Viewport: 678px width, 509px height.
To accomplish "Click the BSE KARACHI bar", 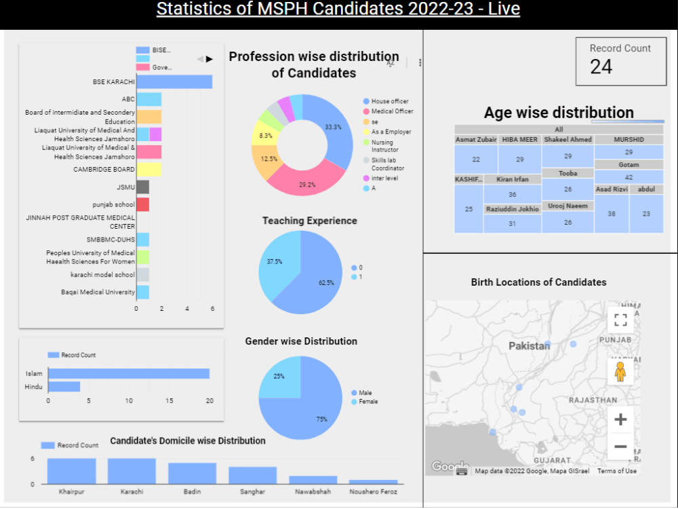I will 174,81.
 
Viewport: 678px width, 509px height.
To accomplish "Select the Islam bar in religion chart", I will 128,373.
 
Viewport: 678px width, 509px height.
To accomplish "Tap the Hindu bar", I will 64,386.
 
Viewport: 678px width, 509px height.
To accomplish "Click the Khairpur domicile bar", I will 71,471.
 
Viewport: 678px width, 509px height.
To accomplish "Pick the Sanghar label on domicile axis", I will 252,491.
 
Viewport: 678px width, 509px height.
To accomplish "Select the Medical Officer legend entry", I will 392,111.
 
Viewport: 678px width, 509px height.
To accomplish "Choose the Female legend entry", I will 368,402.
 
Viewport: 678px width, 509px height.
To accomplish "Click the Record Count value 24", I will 601,67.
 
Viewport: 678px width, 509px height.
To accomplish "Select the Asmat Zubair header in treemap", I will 476,139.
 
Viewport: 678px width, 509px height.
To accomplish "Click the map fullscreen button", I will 620,320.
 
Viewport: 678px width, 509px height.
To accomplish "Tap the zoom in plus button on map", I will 620,419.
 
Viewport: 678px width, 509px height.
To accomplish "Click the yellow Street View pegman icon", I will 620,372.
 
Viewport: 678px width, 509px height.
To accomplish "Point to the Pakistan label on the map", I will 529,346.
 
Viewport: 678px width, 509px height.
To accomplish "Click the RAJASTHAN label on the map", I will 593,400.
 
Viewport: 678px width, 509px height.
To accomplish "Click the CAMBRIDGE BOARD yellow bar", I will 148,170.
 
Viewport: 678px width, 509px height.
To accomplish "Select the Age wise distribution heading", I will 559,113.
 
